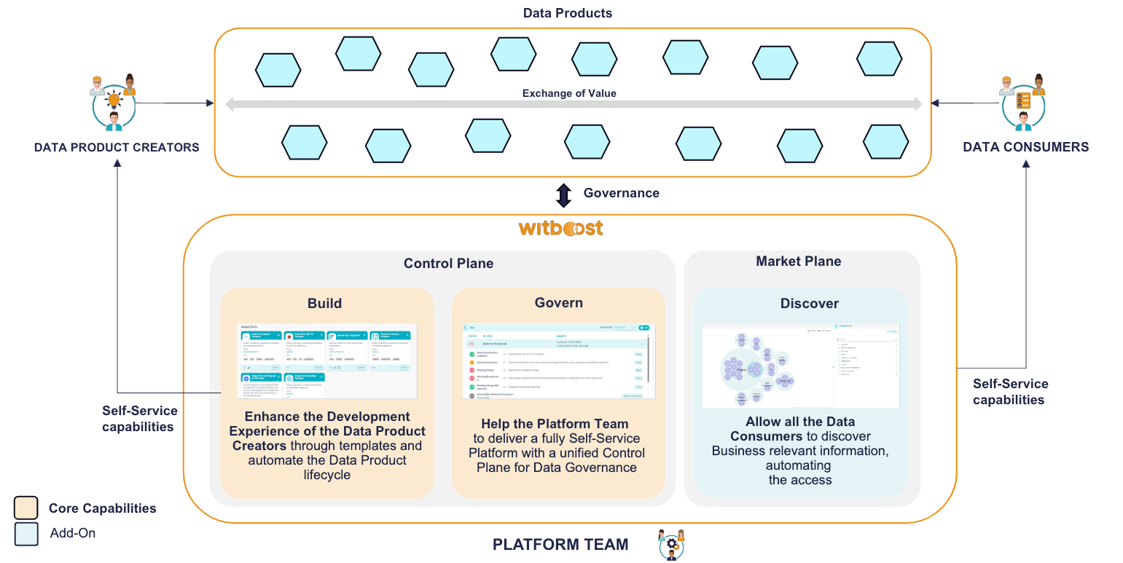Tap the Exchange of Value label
pos(569,93)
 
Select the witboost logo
pos(560,228)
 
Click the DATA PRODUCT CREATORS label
pos(117,147)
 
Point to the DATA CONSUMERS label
pos(1025,147)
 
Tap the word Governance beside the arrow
pos(621,193)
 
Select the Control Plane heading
pos(448,264)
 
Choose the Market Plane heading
pos(798,261)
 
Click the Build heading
pos(324,303)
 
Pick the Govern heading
pos(558,303)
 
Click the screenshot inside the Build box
pos(327,361)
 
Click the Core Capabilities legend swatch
pos(26,508)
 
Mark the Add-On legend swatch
pos(26,533)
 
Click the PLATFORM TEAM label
pos(560,545)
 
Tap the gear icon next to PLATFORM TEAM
pos(671,544)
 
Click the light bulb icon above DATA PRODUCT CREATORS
pos(114,101)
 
